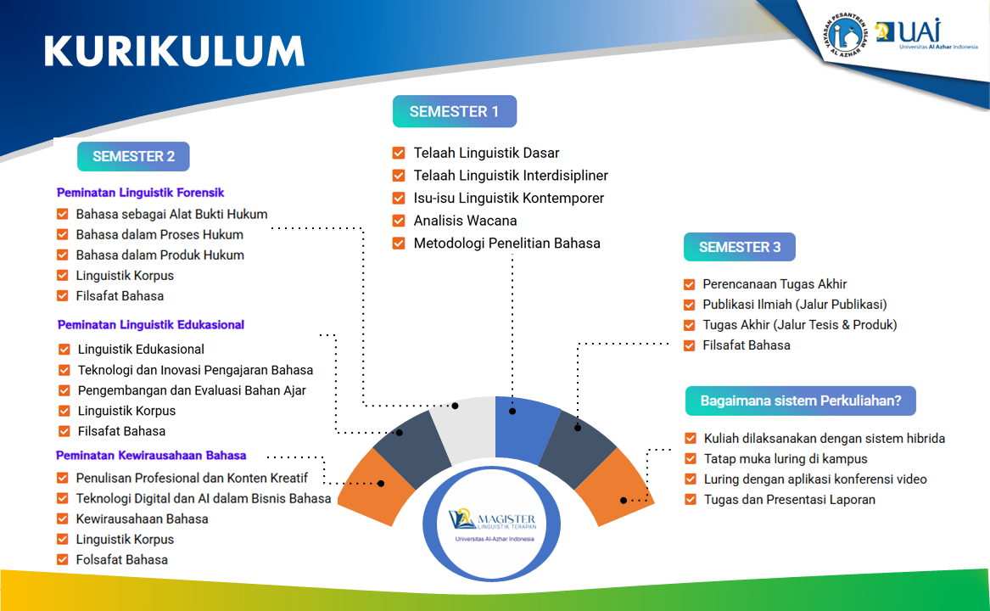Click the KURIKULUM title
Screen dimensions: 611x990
(174, 51)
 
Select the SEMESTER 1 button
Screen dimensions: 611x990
(454, 111)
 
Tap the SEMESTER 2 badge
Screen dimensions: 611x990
(133, 156)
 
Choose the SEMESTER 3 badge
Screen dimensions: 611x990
(740, 247)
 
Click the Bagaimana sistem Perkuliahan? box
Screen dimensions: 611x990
(800, 401)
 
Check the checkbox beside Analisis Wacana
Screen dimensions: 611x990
(399, 221)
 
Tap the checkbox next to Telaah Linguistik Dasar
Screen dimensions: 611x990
(399, 154)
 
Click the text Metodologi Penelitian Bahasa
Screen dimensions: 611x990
(506, 244)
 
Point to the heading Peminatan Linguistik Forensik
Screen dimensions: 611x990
(140, 193)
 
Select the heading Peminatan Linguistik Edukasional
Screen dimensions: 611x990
(151, 324)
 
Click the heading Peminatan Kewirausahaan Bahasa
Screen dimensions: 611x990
(151, 455)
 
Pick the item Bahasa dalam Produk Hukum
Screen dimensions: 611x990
(159, 255)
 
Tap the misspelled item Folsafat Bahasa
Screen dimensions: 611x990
(121, 559)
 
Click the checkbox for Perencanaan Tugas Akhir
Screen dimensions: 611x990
(690, 284)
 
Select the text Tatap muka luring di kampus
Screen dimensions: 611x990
(786, 459)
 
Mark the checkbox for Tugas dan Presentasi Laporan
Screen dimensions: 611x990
(691, 500)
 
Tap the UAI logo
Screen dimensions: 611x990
(914, 34)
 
